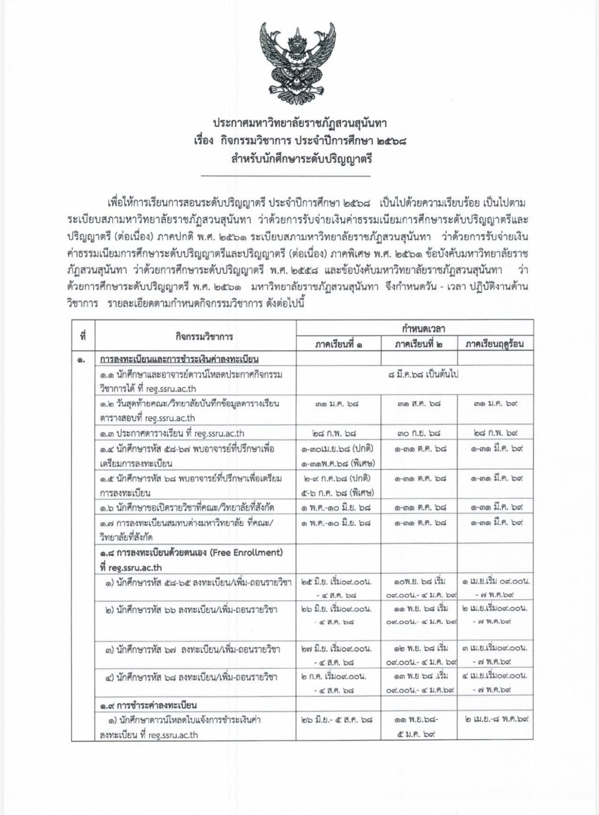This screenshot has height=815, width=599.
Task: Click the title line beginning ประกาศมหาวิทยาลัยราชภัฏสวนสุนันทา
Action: point(300,124)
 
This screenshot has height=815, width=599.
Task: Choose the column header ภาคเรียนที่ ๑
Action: point(339,344)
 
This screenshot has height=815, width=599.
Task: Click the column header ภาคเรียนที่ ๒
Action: point(419,344)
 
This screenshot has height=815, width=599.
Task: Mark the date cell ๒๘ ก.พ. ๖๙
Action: point(495,433)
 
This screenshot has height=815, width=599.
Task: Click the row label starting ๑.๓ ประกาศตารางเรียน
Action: point(172,433)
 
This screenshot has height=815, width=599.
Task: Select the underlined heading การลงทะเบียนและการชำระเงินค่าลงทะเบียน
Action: point(179,359)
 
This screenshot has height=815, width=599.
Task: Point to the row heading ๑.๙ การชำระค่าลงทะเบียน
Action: point(148,705)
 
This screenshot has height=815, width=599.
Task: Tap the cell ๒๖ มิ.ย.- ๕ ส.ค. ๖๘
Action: point(337,720)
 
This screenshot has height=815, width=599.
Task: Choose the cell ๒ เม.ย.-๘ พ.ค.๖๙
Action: point(496,720)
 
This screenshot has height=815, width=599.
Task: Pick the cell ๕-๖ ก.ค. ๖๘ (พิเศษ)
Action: point(338,492)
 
